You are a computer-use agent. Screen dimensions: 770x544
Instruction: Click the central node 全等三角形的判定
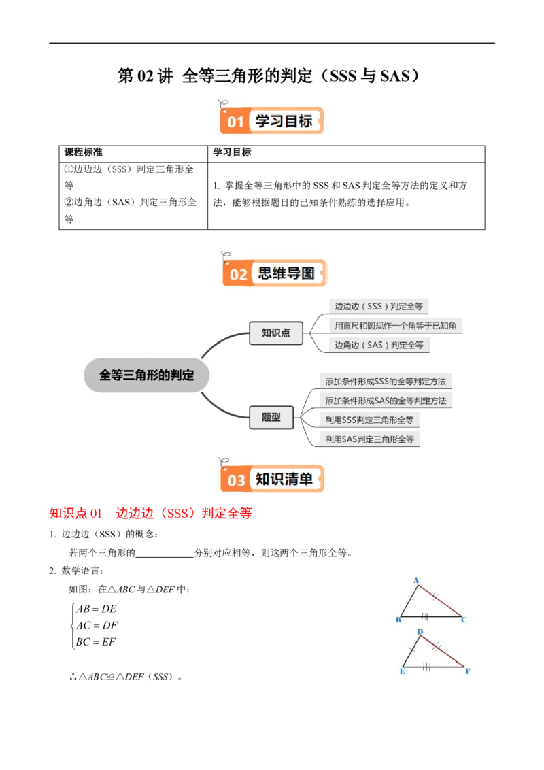pyautogui.click(x=146, y=375)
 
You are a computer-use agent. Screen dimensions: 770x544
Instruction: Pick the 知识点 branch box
pyautogui.click(x=275, y=333)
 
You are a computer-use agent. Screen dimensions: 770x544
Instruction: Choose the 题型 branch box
pyautogui.click(x=271, y=417)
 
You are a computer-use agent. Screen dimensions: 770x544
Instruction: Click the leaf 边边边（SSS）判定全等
pyautogui.click(x=378, y=307)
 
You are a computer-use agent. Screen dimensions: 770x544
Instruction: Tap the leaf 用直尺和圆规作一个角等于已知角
pyautogui.click(x=395, y=326)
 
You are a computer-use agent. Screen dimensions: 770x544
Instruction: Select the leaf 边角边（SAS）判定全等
pyautogui.click(x=379, y=345)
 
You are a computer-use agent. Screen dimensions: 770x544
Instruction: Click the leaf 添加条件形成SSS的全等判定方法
pyautogui.click(x=386, y=382)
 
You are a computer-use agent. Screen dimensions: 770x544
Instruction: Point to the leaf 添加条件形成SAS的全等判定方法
pyautogui.click(x=386, y=401)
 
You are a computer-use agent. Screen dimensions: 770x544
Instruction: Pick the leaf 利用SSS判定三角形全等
pyautogui.click(x=369, y=420)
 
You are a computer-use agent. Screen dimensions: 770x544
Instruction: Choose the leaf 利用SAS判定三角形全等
pyautogui.click(x=369, y=439)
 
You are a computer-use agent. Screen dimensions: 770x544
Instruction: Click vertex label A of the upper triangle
pyautogui.click(x=415, y=580)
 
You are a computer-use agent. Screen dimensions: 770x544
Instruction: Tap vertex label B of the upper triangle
pyautogui.click(x=398, y=620)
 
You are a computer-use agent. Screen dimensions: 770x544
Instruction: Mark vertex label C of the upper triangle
pyautogui.click(x=464, y=620)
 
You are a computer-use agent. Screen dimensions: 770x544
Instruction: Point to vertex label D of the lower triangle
pyautogui.click(x=420, y=632)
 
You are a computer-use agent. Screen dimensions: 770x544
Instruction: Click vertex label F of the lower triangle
pyautogui.click(x=468, y=671)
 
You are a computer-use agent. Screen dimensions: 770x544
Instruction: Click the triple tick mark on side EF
pyautogui.click(x=427, y=667)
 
